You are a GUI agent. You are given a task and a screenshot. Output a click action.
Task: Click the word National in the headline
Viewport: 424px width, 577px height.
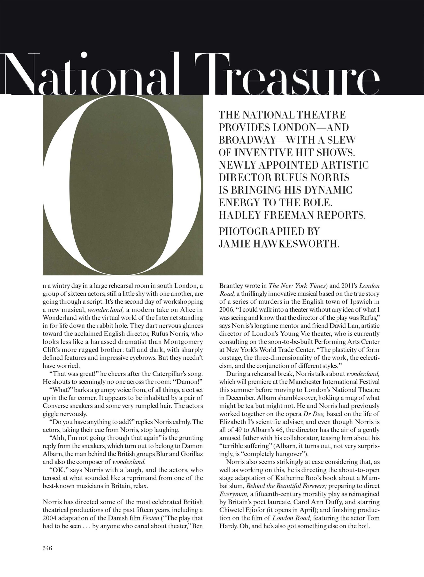91,74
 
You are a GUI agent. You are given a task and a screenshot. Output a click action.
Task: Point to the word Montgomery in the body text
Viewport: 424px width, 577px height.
183,342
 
